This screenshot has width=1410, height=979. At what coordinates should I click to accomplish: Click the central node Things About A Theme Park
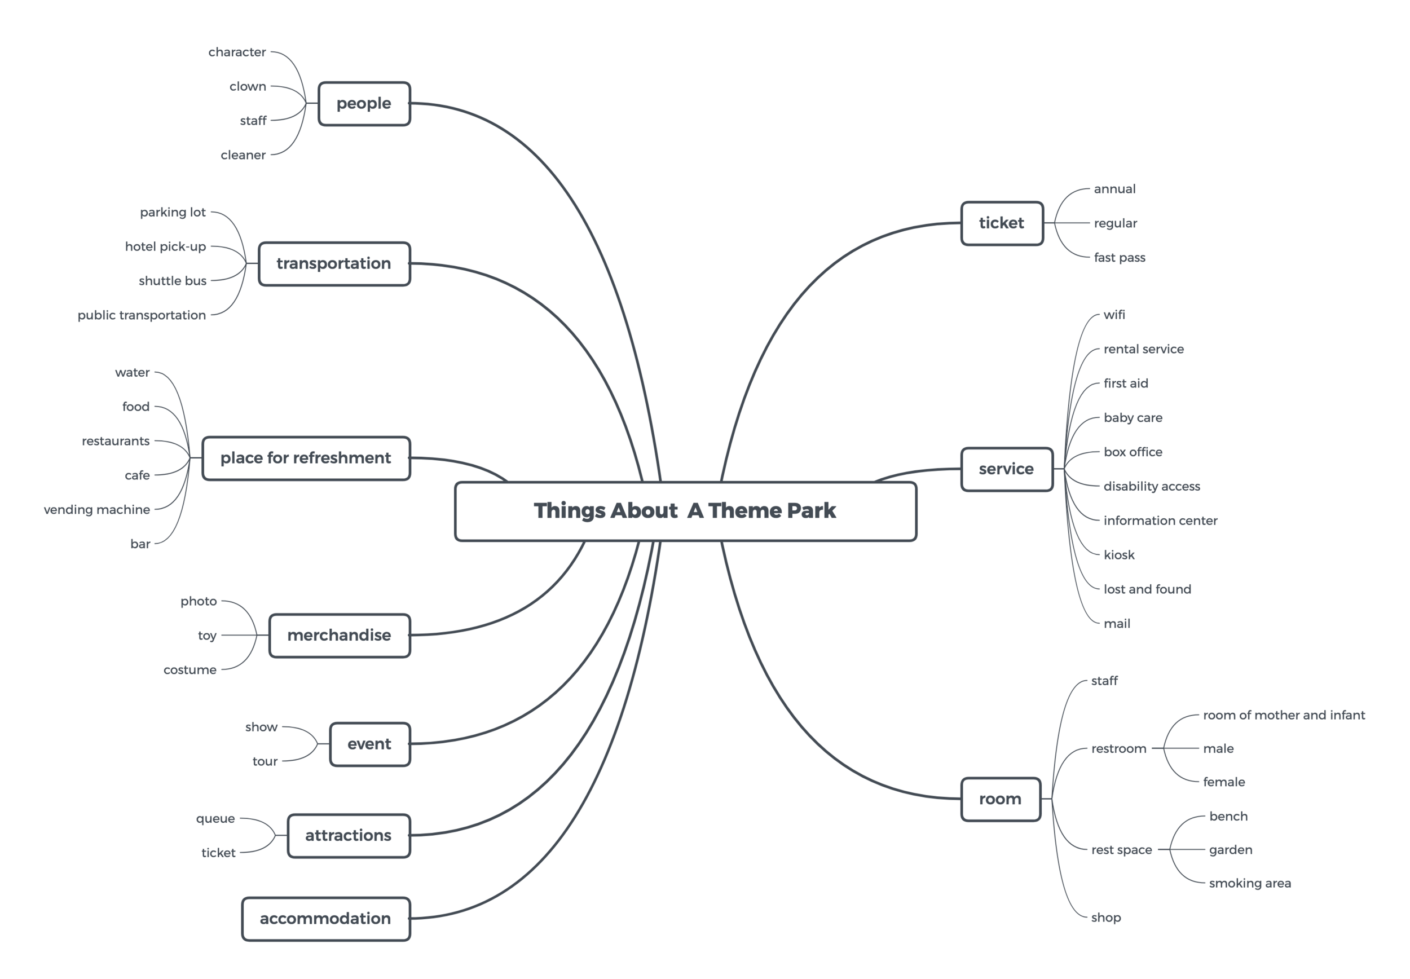click(685, 511)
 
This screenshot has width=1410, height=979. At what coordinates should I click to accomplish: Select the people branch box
click(364, 104)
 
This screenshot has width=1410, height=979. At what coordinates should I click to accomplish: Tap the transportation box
click(334, 264)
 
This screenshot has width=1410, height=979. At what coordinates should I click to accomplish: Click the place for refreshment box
click(306, 458)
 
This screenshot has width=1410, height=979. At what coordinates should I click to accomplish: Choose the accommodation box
click(325, 918)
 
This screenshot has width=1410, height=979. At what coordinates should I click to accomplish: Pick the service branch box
click(1006, 469)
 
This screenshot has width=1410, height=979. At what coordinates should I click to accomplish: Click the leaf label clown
click(248, 86)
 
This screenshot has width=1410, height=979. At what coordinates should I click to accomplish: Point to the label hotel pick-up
click(166, 246)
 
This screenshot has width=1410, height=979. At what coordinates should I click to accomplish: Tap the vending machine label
click(97, 510)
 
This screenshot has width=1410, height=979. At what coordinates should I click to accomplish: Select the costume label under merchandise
click(190, 670)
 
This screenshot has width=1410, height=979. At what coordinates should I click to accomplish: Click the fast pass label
click(1120, 258)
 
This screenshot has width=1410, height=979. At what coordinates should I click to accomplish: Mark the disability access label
click(1151, 487)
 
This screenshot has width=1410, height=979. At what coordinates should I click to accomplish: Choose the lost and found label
click(1147, 589)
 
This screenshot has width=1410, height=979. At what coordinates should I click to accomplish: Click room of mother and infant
click(1283, 715)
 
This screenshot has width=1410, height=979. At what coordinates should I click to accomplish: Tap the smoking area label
click(1249, 883)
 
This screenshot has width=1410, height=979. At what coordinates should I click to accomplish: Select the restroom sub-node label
click(1118, 748)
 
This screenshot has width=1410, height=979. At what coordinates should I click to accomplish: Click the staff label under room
click(1104, 681)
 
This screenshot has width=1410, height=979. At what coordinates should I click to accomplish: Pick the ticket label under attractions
click(218, 853)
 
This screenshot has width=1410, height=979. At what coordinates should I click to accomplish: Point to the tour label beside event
click(265, 761)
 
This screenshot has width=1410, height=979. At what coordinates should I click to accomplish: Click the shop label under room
click(1105, 918)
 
